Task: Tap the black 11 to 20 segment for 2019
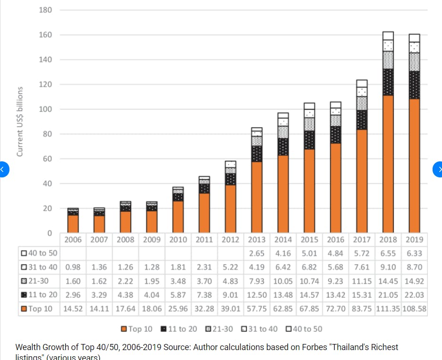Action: (x=414, y=85)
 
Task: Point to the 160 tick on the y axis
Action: (x=46, y=35)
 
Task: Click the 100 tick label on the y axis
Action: (x=46, y=109)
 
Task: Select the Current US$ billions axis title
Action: (x=20, y=121)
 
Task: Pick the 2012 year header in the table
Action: (x=230, y=239)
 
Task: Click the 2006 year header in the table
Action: (x=73, y=239)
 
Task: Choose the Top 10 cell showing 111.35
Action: (x=388, y=309)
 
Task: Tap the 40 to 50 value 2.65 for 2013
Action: (x=257, y=253)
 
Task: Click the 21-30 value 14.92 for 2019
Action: (x=414, y=281)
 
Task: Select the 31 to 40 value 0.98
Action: (x=73, y=267)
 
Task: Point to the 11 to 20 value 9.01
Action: (x=230, y=295)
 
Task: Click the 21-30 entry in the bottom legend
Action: (x=219, y=329)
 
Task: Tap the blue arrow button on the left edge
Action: (x=2, y=169)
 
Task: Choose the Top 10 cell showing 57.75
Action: (x=257, y=309)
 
